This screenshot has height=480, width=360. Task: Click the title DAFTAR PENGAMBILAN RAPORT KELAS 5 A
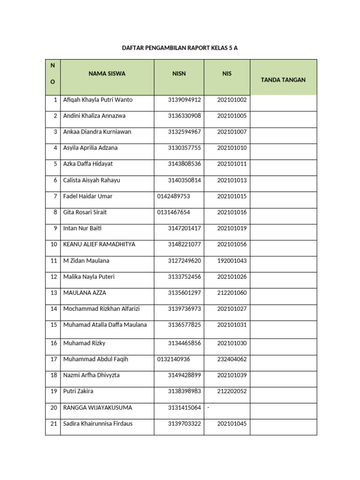(180, 48)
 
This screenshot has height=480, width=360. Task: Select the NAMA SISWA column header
(107, 74)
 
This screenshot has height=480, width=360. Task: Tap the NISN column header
(179, 74)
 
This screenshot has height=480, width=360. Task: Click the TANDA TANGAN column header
(283, 80)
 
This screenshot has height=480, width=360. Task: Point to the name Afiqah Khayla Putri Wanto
(98, 100)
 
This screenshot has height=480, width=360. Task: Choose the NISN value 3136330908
(184, 116)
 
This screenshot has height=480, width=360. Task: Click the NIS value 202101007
(232, 132)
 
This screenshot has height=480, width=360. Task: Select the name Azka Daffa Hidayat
(88, 164)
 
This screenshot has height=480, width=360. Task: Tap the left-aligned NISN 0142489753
(174, 196)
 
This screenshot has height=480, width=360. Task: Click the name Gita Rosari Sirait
(85, 212)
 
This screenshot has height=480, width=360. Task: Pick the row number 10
(53, 244)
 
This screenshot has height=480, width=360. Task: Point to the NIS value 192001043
(232, 261)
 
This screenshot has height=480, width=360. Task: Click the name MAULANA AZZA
(85, 293)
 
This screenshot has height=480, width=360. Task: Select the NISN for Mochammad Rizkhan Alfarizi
(184, 309)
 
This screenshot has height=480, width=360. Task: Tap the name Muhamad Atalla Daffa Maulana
(105, 325)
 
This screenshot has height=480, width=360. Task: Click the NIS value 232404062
(232, 359)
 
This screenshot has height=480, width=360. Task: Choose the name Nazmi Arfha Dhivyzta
(91, 375)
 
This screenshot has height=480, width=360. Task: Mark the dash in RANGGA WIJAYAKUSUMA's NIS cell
(208, 408)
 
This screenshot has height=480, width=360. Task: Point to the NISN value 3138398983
(184, 391)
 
